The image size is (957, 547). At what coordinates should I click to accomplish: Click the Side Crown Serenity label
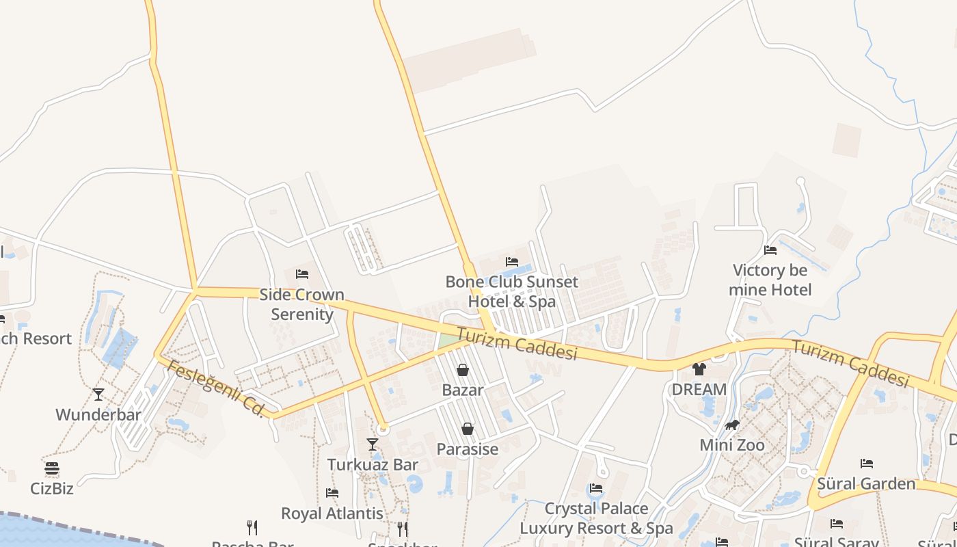coord(301,304)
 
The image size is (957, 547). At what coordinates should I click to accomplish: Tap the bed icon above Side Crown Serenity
coord(302,274)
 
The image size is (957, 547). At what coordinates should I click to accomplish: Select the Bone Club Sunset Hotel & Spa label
coord(511,291)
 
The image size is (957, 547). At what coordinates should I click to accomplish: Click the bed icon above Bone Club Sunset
coord(511,262)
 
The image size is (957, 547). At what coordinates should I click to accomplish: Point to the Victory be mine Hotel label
coord(770,280)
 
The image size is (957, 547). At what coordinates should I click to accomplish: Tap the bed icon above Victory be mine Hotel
coord(770,250)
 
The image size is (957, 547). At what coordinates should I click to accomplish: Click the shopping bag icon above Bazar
coord(463,370)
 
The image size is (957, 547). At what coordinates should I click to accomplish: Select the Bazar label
coord(463,390)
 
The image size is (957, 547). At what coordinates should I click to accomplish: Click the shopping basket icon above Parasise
coord(468,429)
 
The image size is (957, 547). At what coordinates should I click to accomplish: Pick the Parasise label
coord(468,449)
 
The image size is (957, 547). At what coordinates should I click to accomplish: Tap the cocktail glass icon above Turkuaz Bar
coord(373,444)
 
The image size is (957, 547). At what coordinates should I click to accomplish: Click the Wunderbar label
coord(98,414)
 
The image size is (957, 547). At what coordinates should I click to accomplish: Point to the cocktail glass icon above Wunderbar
coord(98,395)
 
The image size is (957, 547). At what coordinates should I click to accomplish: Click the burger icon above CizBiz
coord(52,468)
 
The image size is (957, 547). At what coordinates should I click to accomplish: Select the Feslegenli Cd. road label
coord(215,388)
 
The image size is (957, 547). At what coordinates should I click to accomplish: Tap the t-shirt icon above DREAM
coord(699,369)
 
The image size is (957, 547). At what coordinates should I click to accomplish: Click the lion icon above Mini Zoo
coord(732,425)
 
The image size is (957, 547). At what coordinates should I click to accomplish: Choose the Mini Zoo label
coord(732,445)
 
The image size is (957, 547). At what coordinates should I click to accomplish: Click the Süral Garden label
coord(866,484)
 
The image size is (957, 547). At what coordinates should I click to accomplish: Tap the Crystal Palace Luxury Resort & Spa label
coord(596,518)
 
